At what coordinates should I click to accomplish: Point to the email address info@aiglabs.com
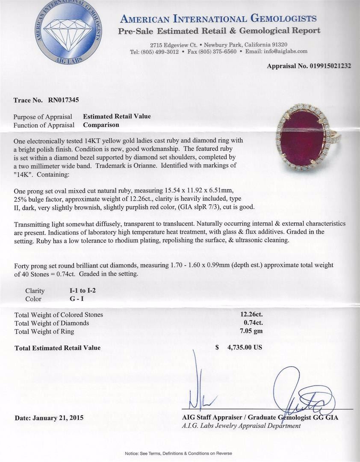286,51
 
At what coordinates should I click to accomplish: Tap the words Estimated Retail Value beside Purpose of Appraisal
117,116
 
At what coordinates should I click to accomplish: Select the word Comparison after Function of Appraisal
101,125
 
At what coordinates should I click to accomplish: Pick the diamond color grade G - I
78,299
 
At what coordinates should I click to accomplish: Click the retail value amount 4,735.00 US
244,347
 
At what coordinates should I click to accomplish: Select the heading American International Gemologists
218,19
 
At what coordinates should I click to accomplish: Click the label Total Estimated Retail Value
58,348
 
